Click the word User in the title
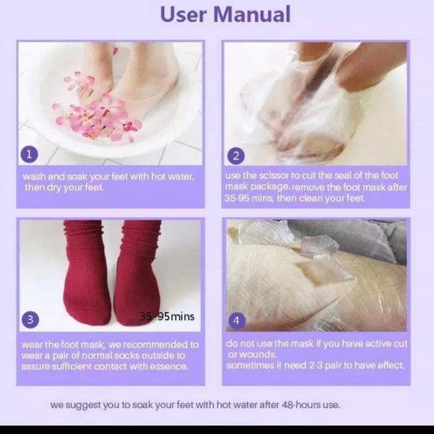tap(184, 14)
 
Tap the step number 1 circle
tap(29, 154)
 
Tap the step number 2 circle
tap(236, 156)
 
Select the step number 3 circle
tap(30, 319)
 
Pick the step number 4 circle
tap(237, 321)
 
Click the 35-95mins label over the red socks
tap(167, 316)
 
